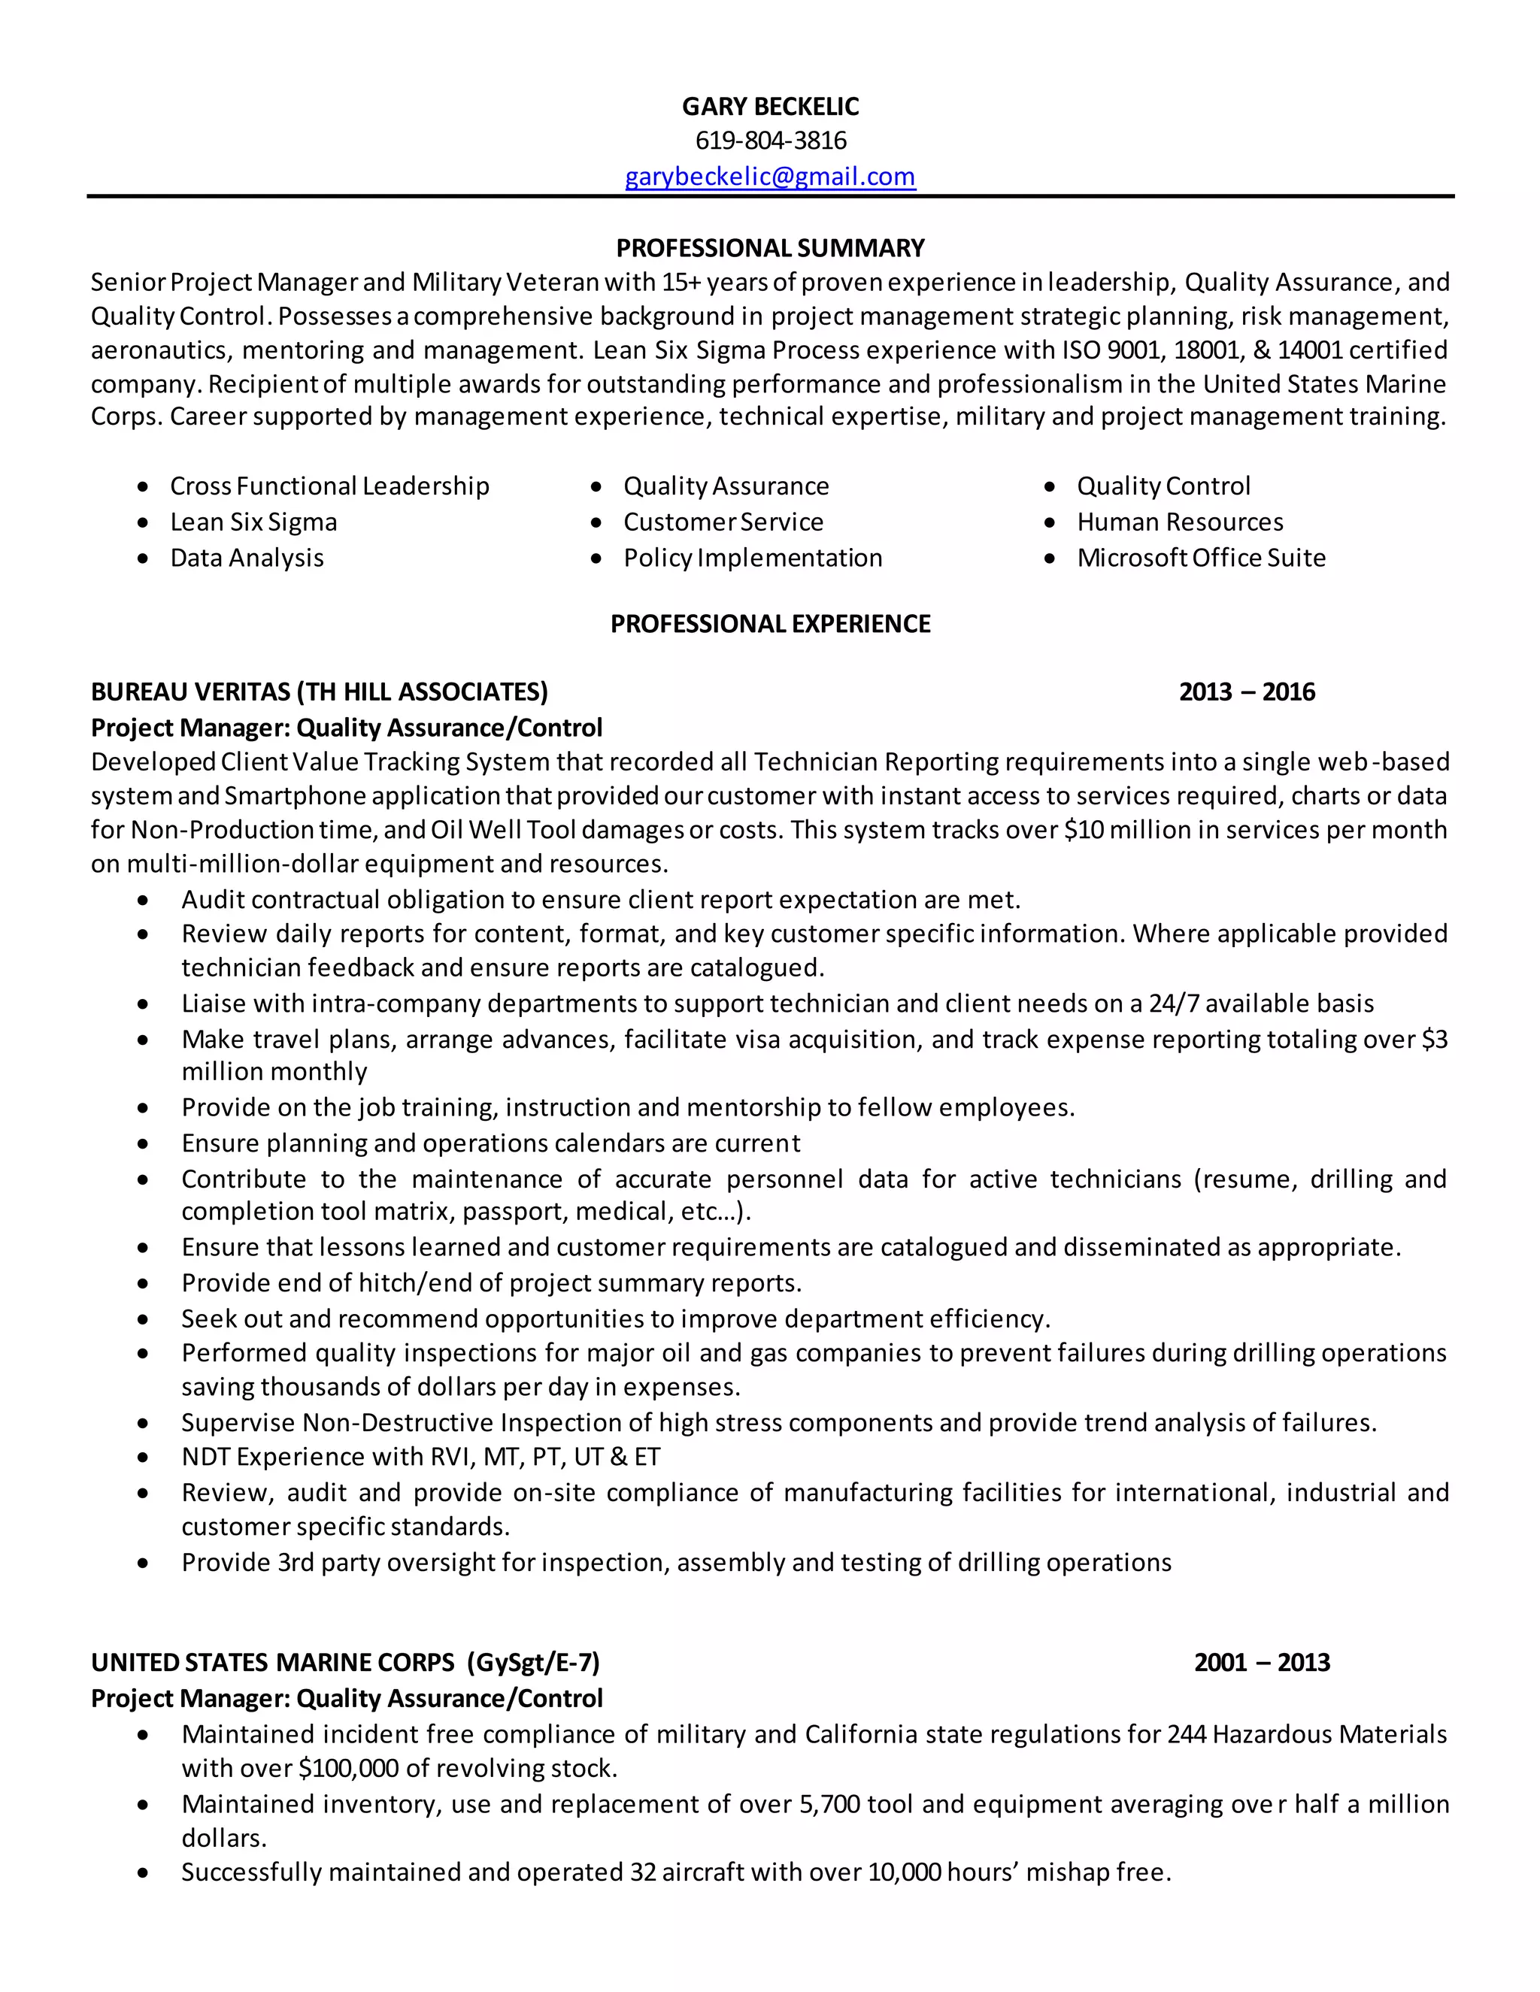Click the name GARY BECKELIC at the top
click(770, 107)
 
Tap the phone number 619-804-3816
click(770, 141)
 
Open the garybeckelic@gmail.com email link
click(770, 176)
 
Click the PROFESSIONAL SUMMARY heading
click(770, 248)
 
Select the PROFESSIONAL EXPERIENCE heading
click(770, 624)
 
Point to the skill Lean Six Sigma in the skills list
click(253, 522)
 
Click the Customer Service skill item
click(723, 522)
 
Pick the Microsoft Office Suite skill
click(1201, 557)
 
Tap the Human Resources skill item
click(1180, 522)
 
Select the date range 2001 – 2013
click(1262, 1662)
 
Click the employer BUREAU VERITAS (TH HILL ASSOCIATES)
click(320, 692)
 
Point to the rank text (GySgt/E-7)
click(534, 1662)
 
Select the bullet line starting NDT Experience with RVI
click(420, 1457)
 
